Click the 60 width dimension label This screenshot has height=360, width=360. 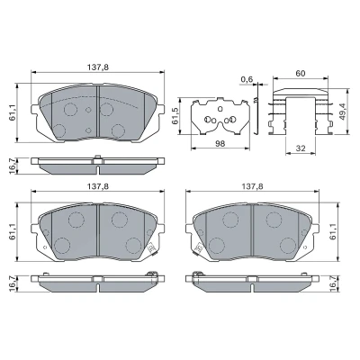click(x=301, y=73)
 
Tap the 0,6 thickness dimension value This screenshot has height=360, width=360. click(x=247, y=79)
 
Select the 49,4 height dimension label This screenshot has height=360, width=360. click(x=342, y=112)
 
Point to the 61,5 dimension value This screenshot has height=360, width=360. click(x=175, y=116)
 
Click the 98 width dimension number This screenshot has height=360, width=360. click(x=220, y=144)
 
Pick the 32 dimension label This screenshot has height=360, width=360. click(x=301, y=148)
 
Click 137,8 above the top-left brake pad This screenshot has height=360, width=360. click(x=98, y=67)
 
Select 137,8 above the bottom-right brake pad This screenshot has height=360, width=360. click(x=253, y=186)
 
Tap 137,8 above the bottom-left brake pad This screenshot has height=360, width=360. click(x=98, y=186)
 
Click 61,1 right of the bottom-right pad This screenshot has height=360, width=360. click(x=333, y=231)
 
